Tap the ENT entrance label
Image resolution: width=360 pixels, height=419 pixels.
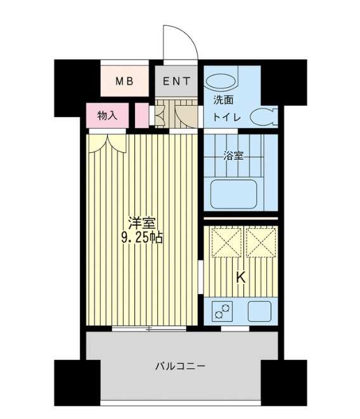pyautogui.click(x=177, y=81)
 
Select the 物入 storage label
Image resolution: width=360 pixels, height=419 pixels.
pyautogui.click(x=107, y=115)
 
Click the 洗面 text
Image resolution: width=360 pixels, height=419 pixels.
pyautogui.click(x=222, y=100)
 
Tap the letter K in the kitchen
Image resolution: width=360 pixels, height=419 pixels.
pyautogui.click(x=241, y=277)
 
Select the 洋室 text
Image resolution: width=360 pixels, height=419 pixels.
pyautogui.click(x=142, y=223)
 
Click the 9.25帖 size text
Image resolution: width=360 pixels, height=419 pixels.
pyautogui.click(x=142, y=238)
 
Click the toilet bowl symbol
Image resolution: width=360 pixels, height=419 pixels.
pyautogui.click(x=262, y=117)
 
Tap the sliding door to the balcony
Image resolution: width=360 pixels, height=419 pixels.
pyautogui.click(x=150, y=329)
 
